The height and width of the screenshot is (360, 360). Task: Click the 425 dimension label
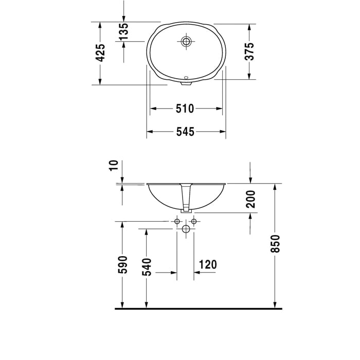[100, 53]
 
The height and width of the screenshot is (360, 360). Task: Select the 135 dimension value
[123, 31]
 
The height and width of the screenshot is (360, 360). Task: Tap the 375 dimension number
[249, 51]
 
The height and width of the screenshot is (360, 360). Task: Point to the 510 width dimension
[185, 109]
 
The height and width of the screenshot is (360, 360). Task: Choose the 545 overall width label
[185, 132]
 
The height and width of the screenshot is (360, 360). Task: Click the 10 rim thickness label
[114, 166]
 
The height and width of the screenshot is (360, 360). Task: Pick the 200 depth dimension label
[250, 199]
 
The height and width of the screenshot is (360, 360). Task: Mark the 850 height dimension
[276, 244]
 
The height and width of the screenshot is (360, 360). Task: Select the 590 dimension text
[122, 265]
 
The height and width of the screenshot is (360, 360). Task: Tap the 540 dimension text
[147, 267]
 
